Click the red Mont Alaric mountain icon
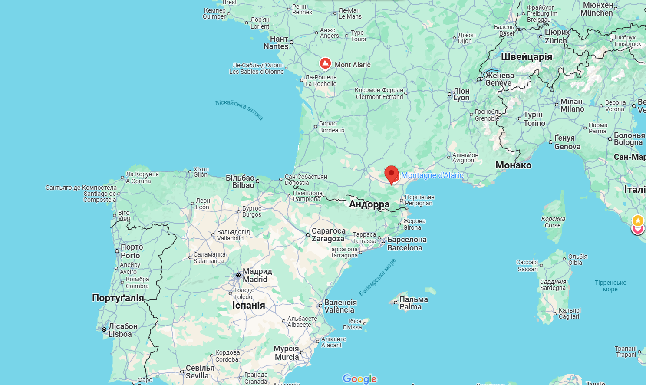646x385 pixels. [325, 63]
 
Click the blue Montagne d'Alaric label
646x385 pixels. [432, 175]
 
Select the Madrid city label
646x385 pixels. [257, 275]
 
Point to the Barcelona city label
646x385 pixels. [407, 244]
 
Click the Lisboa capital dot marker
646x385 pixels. [104, 329]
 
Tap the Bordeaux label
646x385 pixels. [331, 127]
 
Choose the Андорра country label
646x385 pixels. [369, 204]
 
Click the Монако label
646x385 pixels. [513, 165]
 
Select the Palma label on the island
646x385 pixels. [413, 303]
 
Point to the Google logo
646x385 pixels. [359, 378]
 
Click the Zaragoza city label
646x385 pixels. [328, 235]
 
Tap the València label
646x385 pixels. [340, 306]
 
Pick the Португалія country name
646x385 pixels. [118, 298]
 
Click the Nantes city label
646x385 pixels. [276, 43]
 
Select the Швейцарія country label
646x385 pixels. [526, 56]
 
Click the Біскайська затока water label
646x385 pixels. [239, 109]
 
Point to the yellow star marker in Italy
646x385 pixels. [637, 220]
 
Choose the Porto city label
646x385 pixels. [131, 251]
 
